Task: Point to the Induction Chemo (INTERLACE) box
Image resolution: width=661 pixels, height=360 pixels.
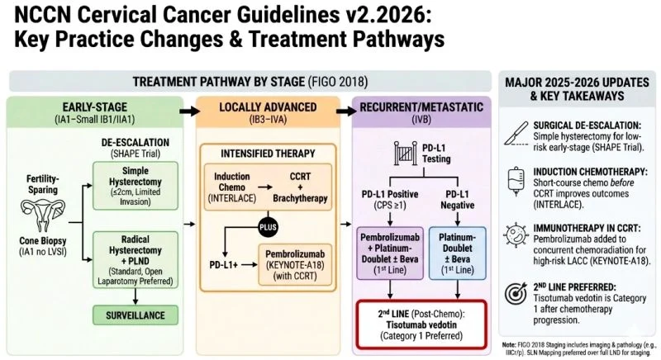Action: tap(232, 186)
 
